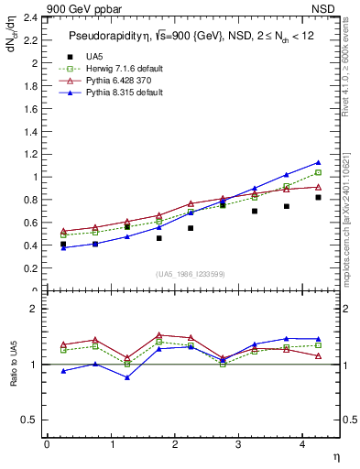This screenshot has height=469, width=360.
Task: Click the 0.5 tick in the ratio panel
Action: click(29, 420)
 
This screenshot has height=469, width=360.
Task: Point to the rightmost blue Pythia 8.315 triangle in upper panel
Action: click(318, 163)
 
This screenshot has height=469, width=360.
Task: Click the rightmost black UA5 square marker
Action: click(318, 197)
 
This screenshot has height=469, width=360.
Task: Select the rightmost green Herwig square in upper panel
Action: click(318, 173)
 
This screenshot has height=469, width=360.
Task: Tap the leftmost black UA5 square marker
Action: click(63, 245)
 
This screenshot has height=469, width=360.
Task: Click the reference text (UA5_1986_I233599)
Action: click(192, 275)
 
